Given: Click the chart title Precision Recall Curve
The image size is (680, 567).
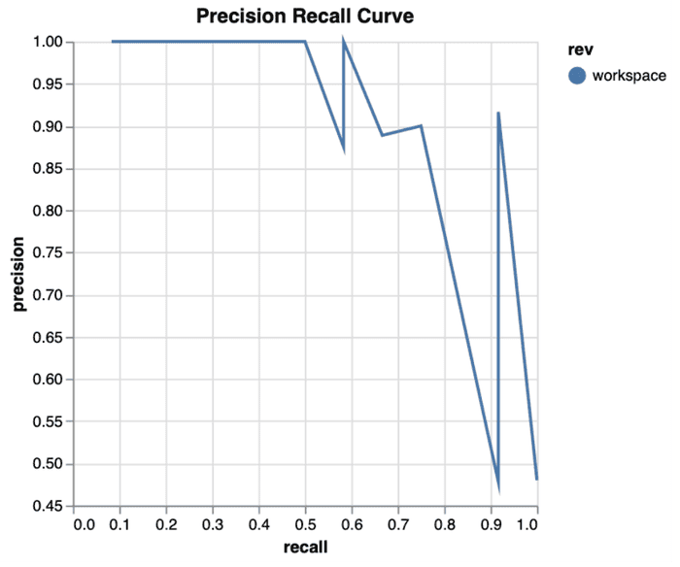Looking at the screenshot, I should point(305,17).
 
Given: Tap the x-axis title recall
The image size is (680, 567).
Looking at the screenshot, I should point(305,548).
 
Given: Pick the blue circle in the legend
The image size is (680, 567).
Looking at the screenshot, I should point(577,76).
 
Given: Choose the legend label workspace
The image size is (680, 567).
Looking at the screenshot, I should point(629,76).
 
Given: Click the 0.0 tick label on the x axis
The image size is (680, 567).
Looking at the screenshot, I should point(85,525).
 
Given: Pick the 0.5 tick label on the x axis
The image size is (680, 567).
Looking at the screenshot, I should point(305,525).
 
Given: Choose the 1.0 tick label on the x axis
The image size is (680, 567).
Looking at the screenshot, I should point(528,525).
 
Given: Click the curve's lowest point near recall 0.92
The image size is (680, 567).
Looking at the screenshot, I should point(498,486).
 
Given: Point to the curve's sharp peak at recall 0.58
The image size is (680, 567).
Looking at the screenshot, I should point(343,42).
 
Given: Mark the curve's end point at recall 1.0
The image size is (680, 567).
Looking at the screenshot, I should point(536,478).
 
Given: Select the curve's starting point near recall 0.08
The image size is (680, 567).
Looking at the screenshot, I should point(113,42).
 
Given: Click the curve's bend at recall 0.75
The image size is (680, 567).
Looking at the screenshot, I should point(421,126).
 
